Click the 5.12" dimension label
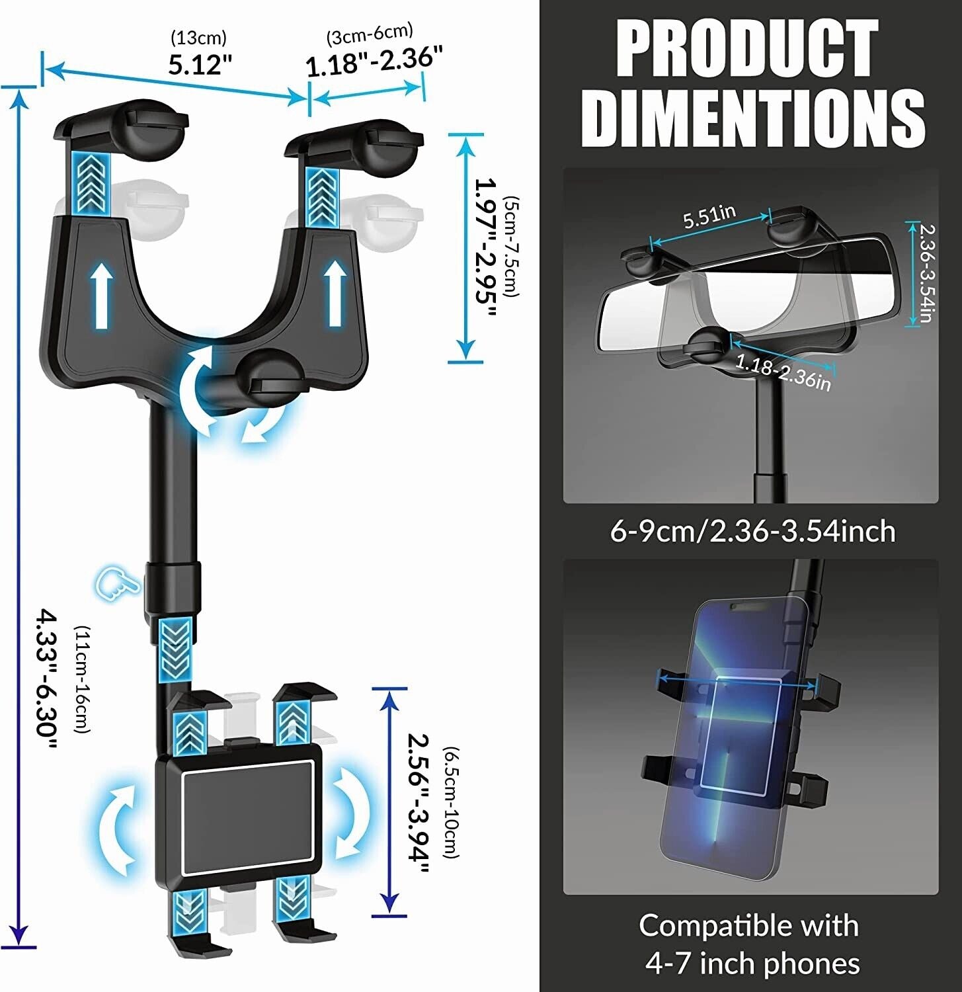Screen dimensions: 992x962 tap(200, 64)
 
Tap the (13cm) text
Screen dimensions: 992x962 tap(198, 37)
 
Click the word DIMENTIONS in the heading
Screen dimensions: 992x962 tap(752, 118)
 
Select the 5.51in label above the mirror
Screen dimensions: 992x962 tap(709, 216)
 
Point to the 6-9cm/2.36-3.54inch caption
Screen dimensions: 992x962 tap(752, 531)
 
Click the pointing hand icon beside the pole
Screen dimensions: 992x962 tap(116, 583)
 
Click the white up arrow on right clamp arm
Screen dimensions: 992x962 tap(336, 294)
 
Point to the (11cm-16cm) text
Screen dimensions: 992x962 tap(82, 679)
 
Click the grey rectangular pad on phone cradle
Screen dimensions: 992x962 tap(247, 817)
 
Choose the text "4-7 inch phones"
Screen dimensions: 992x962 tap(752, 963)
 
